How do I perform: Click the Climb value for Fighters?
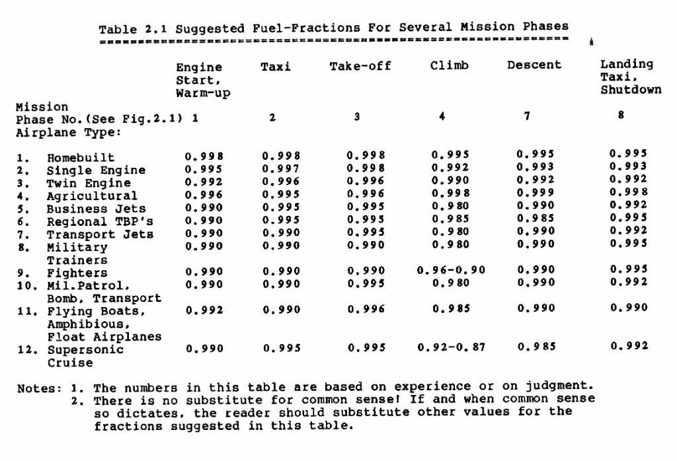[x=451, y=271]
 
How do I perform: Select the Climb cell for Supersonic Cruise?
[x=451, y=347]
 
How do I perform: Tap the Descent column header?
[x=534, y=65]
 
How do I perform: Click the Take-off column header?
[x=360, y=65]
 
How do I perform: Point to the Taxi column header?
[x=276, y=66]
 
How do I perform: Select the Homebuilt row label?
[x=80, y=158]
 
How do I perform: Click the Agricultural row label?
[x=92, y=196]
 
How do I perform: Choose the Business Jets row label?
[x=96, y=209]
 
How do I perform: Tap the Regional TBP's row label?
[x=99, y=222]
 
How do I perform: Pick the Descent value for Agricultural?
[x=535, y=192]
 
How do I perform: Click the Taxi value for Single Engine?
[x=281, y=169]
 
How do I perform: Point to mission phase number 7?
[x=527, y=116]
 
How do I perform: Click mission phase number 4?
[x=442, y=117]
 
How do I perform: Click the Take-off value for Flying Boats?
[x=366, y=309]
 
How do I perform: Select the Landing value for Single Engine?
[x=628, y=166]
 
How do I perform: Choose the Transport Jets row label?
[x=99, y=234]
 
